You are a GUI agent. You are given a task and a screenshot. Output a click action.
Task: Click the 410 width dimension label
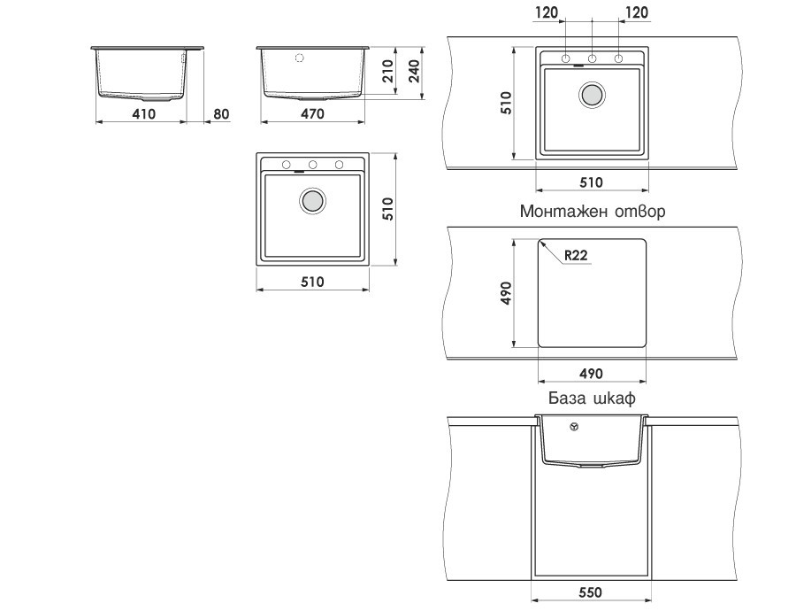click(143, 114)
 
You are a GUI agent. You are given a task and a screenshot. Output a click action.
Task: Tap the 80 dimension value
click(221, 114)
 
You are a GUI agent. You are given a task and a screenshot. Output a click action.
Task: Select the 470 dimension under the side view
click(312, 114)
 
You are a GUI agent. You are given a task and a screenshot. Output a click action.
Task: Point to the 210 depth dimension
click(388, 71)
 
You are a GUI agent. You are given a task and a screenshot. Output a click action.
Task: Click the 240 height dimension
click(414, 71)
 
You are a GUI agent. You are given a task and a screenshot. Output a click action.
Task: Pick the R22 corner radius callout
click(576, 255)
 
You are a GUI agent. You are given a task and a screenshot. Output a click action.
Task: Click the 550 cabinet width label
click(591, 592)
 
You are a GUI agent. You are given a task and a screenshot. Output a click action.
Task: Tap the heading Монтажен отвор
click(593, 211)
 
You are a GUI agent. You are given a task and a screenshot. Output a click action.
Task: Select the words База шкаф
click(592, 398)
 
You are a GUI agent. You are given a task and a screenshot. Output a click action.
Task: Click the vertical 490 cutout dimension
click(506, 293)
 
